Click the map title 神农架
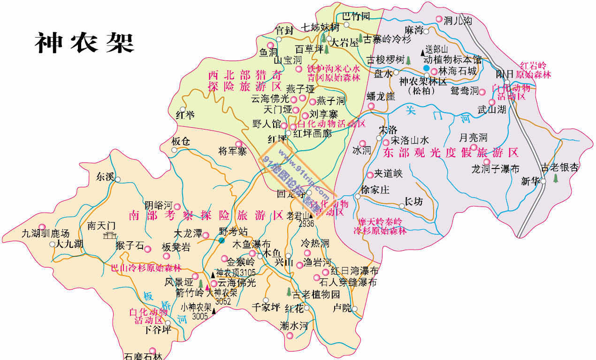[x=85, y=43]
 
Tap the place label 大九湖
[x=69, y=244]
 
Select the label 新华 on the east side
[x=530, y=181]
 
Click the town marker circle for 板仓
[x=175, y=150]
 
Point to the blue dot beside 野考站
[x=221, y=241]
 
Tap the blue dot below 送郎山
[x=426, y=69]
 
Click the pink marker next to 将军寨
[x=238, y=144]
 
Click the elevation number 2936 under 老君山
[x=306, y=223]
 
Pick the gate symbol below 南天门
[x=110, y=235]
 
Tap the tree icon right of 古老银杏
[x=556, y=178]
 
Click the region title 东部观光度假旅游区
[x=451, y=153]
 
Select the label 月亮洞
[x=473, y=138]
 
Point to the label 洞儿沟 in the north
[x=457, y=21]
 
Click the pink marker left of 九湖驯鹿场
[x=42, y=227]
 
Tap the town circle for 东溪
[x=118, y=179]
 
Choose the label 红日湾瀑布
[x=354, y=271]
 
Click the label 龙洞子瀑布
[x=495, y=169]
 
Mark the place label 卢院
[x=342, y=308]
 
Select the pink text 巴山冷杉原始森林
[x=146, y=268]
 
